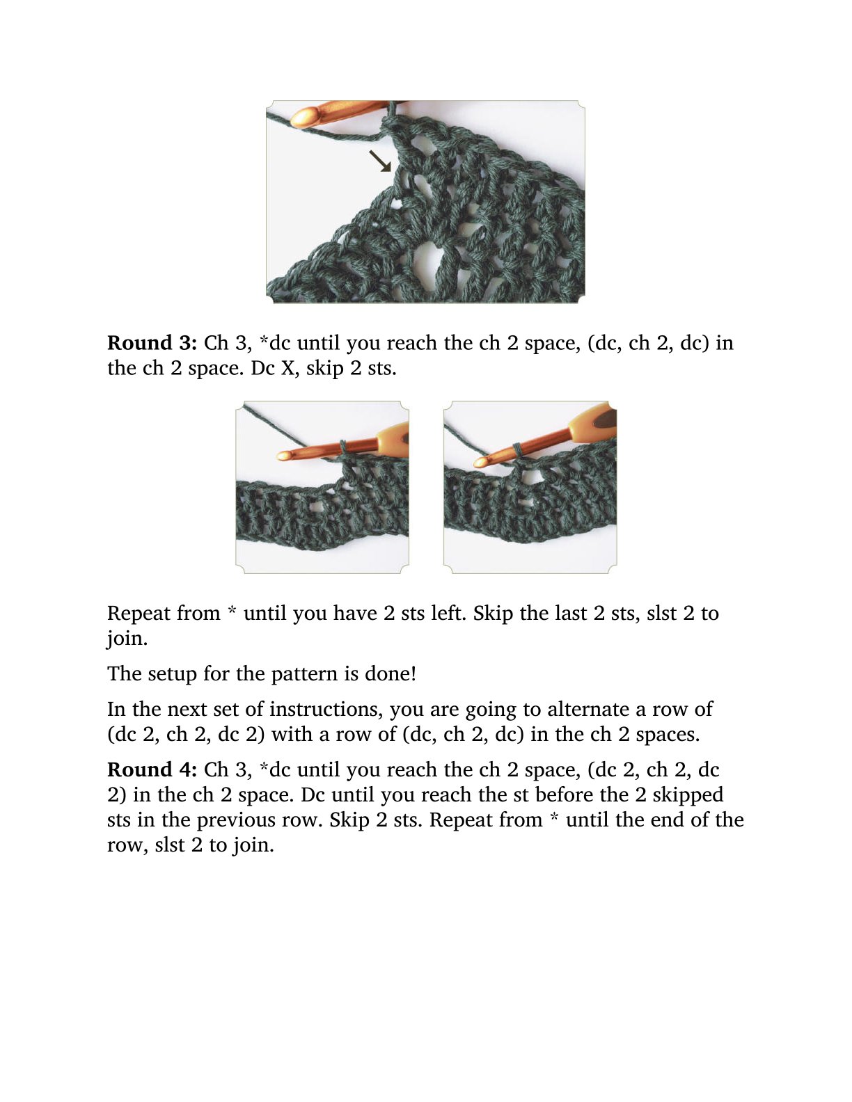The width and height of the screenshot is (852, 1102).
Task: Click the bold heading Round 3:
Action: (152, 343)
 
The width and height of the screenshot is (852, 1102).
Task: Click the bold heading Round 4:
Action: (152, 770)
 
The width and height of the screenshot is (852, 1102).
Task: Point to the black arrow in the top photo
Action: (379, 161)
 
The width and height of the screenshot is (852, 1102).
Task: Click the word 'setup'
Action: (173, 675)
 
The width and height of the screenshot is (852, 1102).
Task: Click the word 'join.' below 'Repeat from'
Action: (127, 639)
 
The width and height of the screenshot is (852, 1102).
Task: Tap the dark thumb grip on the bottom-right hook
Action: (606, 419)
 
